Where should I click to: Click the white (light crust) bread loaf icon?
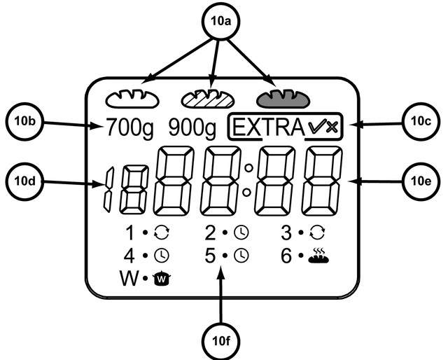click(132, 98)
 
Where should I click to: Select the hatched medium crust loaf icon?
click(207, 98)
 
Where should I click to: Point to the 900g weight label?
click(192, 128)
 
